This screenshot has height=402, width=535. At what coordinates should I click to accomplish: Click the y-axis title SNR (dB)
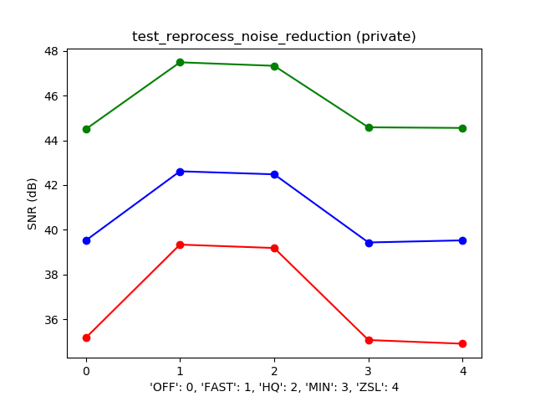point(32,204)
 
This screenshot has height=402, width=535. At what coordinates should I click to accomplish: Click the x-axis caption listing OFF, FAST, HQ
point(273,387)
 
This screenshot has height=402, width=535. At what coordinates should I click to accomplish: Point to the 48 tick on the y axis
point(51,51)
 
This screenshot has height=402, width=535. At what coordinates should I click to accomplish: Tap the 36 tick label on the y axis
point(51,320)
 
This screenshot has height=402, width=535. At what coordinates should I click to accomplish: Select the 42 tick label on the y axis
point(51,185)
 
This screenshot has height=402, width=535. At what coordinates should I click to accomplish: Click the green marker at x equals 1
point(180,62)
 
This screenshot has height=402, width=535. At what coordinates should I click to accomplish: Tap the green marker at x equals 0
point(86,129)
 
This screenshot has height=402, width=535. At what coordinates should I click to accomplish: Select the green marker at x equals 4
point(462,128)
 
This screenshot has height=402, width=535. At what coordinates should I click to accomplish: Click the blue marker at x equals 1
point(180,172)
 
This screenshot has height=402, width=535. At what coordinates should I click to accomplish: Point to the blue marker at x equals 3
point(369,243)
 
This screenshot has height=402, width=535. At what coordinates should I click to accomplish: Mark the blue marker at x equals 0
point(86,240)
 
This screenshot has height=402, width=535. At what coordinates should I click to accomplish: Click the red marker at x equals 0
point(86,338)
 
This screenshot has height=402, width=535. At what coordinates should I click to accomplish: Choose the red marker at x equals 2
point(274,248)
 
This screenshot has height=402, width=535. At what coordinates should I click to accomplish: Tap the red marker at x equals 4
point(462,343)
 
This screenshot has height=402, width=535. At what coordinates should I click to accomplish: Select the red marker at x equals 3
point(369,340)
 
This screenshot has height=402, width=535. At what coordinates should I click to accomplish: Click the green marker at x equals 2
point(274,66)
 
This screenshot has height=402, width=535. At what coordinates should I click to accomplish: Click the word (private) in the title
point(385,37)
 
